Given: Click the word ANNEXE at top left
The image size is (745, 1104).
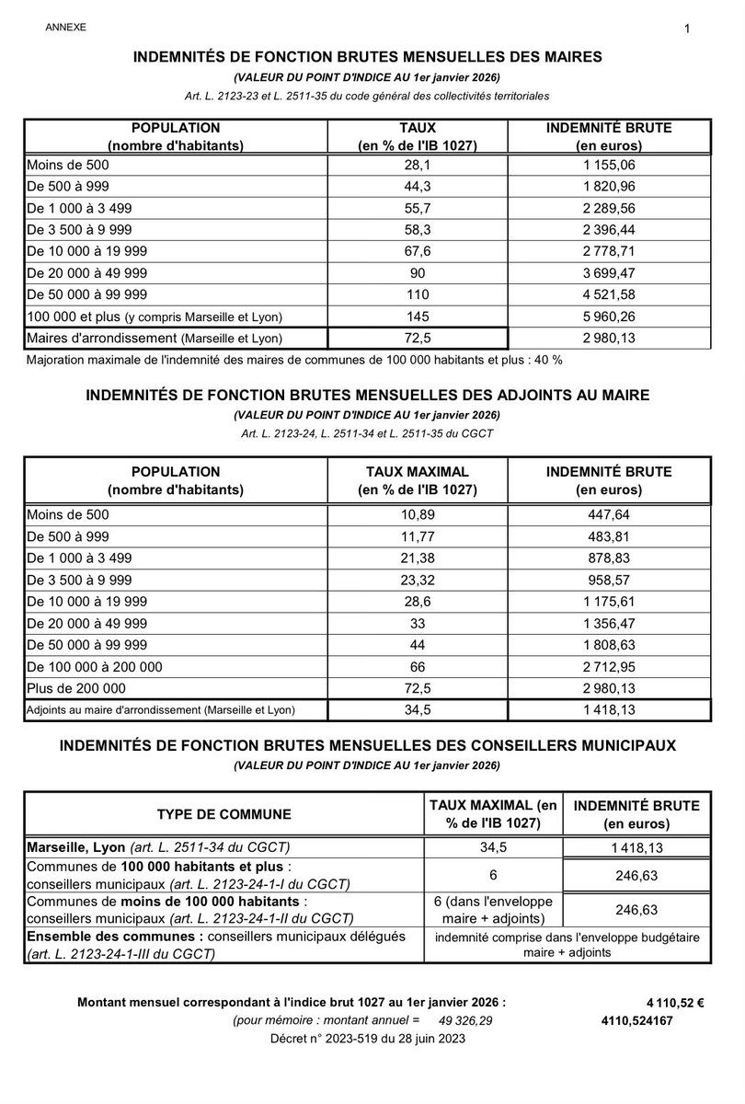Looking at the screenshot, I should tap(65, 28).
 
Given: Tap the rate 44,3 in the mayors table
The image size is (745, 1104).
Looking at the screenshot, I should tap(418, 188).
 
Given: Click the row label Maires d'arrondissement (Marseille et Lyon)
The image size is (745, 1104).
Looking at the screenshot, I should tap(155, 339).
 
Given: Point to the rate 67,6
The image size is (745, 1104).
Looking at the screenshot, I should tap(418, 251).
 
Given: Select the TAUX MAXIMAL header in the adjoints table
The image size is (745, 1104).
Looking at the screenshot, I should tap(418, 471).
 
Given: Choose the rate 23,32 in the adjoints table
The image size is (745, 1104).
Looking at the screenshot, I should tap(418, 581).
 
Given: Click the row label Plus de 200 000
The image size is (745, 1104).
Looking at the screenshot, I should tap(76, 687).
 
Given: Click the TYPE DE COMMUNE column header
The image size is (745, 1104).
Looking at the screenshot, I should tap(224, 814).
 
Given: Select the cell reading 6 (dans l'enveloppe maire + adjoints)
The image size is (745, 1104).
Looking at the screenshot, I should tap(493, 909).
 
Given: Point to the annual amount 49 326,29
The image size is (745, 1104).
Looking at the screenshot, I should tap(465, 1020).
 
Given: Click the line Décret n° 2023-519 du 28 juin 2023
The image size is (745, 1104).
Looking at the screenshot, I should tap(367, 1038).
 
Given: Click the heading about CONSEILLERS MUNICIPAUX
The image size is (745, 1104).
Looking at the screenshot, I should tap(367, 746).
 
